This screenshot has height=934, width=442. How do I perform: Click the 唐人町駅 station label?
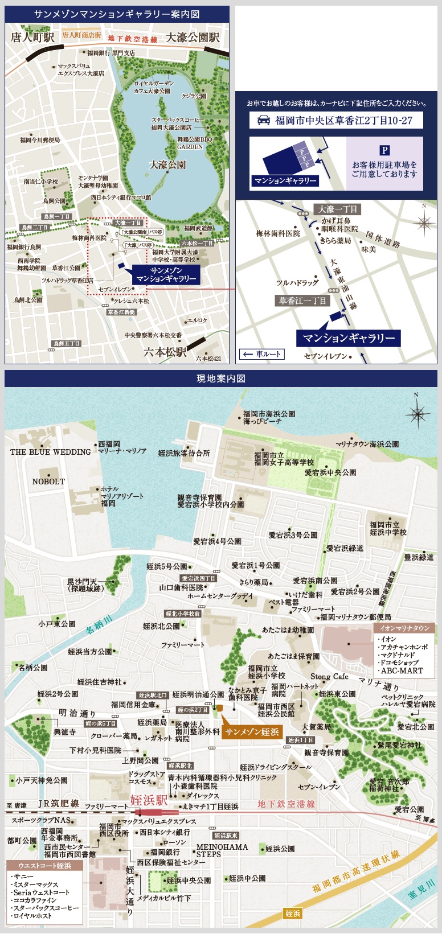pyautogui.click(x=32, y=38)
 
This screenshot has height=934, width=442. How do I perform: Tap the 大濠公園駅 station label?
pyautogui.click(x=193, y=38)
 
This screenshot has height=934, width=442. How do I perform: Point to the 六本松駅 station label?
pyautogui.click(x=165, y=351)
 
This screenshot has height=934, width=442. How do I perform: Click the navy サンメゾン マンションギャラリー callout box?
pyautogui.click(x=166, y=275)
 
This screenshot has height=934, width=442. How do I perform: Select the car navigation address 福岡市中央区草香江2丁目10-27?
pyautogui.click(x=336, y=121)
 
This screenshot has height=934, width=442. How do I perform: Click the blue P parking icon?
pyautogui.click(x=384, y=151)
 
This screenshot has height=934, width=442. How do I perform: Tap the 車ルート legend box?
pyautogui.click(x=261, y=354)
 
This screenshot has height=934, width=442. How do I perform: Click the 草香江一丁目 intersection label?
pyautogui.click(x=302, y=301)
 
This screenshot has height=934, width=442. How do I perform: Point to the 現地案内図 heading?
pyautogui.click(x=220, y=378)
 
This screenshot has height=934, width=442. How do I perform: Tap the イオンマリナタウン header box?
pyautogui.click(x=404, y=628)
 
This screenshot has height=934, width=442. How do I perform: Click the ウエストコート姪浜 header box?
pyautogui.click(x=45, y=866)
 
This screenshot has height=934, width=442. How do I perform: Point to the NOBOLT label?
pyautogui.click(x=48, y=482)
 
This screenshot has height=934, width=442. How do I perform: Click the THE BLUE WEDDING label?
pyautogui.click(x=51, y=452)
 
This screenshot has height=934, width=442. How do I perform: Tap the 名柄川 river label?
pyautogui.click(x=100, y=624)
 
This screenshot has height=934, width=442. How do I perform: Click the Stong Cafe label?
pyautogui.click(x=329, y=676)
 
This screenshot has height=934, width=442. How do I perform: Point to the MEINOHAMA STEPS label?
pyautogui.click(x=222, y=850)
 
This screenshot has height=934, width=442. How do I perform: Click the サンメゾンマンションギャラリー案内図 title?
pyautogui.click(x=117, y=14)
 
